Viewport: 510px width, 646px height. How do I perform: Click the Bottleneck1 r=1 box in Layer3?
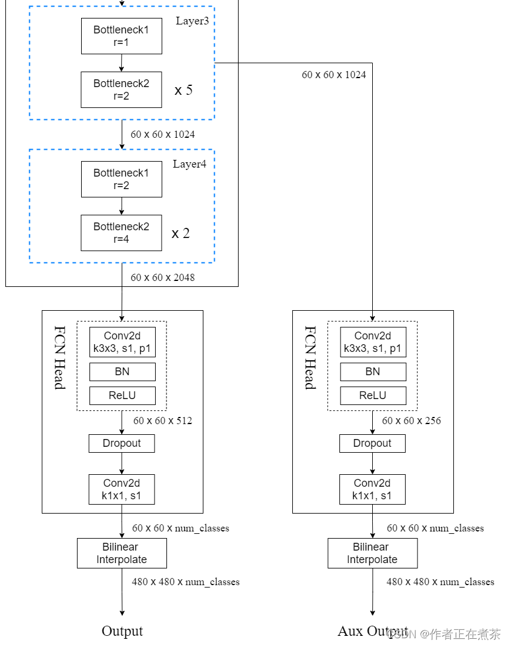pos(121,36)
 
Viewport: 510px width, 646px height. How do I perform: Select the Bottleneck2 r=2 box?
pos(121,89)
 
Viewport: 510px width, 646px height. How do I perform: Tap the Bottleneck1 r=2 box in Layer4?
pos(121,179)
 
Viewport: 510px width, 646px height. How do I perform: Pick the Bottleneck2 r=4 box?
pos(121,233)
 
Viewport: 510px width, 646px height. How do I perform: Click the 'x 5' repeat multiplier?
pos(184,91)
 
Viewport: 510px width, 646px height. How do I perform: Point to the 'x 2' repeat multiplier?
pos(181,233)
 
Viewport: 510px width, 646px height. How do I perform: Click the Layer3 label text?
pos(191,21)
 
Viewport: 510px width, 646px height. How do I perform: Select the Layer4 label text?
pos(190,164)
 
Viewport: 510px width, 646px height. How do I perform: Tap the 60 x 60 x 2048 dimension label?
pos(163,277)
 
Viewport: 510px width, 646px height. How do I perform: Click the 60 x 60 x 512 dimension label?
pos(163,421)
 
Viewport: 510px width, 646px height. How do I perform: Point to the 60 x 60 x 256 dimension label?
pos(412,421)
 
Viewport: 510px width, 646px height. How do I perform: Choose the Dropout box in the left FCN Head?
pos(122,443)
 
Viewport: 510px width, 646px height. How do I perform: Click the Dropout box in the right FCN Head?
pos(372,443)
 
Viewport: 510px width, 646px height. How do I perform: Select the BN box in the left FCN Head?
pos(122,372)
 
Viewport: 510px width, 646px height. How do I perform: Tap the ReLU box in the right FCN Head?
pos(373,395)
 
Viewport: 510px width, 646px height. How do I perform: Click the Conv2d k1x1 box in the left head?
pos(122,490)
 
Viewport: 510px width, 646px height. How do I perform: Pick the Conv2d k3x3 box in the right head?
pos(373,342)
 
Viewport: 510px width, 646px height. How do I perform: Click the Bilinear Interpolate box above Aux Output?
pos(372,554)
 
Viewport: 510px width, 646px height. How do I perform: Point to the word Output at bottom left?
pos(122,631)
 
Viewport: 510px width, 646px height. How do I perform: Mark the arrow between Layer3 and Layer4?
pos(122,134)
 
